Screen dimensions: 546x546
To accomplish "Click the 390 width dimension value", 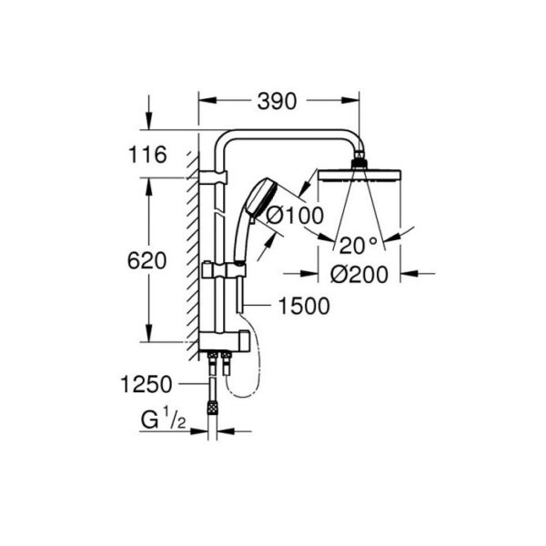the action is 277,101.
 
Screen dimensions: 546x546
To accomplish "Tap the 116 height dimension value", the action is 147,155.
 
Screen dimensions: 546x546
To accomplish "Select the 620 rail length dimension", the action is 147,261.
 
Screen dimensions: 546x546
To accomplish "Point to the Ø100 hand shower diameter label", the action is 295,216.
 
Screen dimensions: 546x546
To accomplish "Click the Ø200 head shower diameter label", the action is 359,274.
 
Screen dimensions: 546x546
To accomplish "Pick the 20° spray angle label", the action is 358,246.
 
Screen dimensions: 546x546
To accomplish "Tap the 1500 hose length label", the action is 304,306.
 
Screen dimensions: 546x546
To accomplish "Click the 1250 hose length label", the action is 147,384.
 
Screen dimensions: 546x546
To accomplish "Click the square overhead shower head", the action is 359,175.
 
